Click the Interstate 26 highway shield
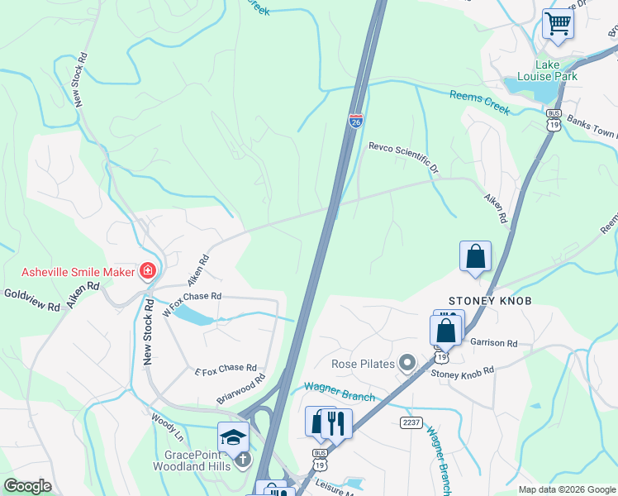[355, 122]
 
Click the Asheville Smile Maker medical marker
[148, 270]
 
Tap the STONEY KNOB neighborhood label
[489, 301]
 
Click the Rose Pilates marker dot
[406, 363]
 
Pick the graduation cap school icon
[233, 436]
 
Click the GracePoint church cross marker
[242, 460]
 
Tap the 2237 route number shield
[411, 422]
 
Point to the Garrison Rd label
[493, 342]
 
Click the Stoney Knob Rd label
[462, 373]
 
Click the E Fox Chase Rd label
[226, 368]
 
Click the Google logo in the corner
[27, 486]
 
